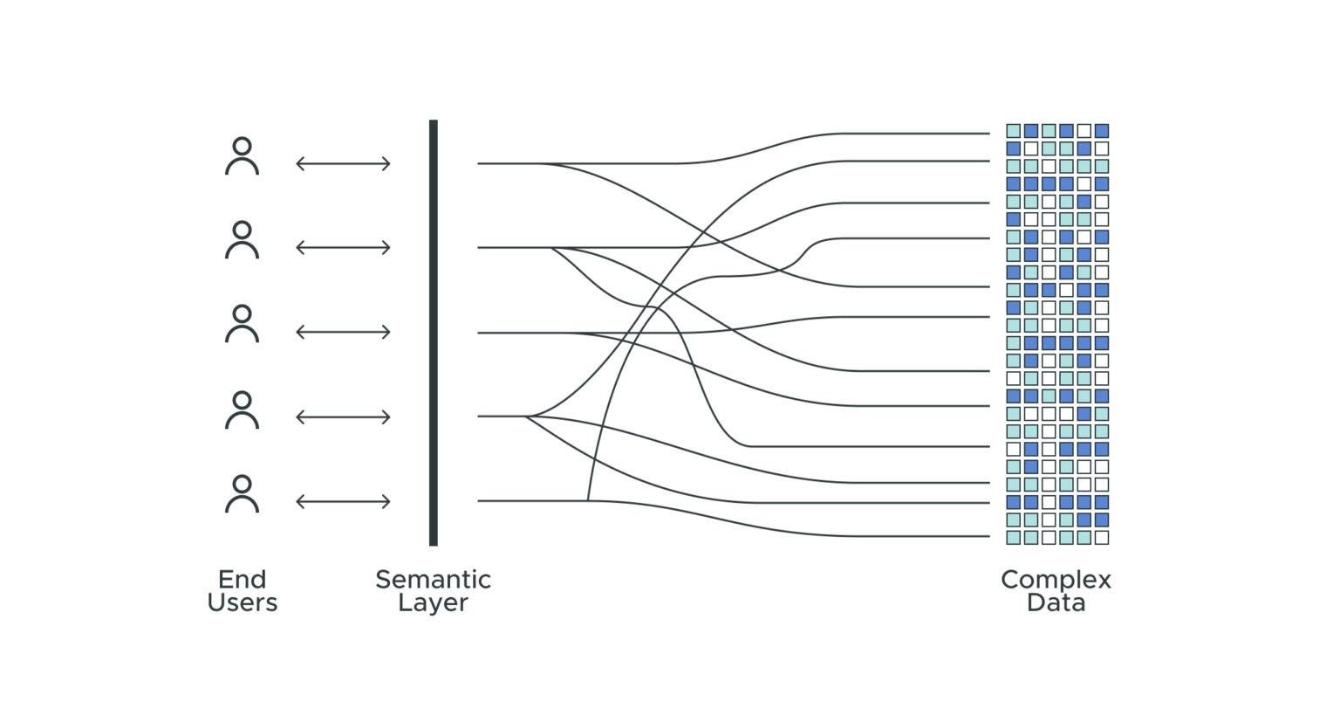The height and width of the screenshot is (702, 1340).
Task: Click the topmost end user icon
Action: (x=242, y=157)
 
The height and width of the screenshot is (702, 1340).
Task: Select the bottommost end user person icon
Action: (x=242, y=494)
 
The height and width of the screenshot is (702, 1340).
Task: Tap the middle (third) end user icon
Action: (x=242, y=325)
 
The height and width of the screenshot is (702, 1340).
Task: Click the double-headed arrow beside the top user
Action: (x=343, y=163)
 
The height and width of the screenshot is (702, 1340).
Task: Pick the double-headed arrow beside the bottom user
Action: (x=343, y=501)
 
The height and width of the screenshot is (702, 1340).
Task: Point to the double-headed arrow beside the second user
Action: (x=343, y=248)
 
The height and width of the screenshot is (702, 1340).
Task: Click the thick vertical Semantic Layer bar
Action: (x=433, y=332)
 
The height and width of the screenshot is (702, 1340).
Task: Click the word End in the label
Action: (x=242, y=579)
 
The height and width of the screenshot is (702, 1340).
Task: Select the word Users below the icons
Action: (x=242, y=602)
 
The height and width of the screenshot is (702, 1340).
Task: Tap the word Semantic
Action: (x=433, y=579)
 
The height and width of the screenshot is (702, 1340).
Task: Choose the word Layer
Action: (x=433, y=602)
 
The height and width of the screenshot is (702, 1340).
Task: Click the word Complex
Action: (x=1056, y=580)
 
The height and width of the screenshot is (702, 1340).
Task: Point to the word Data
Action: (x=1056, y=602)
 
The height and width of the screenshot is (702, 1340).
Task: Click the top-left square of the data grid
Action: (x=1013, y=131)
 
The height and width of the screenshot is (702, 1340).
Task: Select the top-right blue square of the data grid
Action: (x=1101, y=131)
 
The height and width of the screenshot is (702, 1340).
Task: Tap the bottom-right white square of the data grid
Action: (x=1101, y=537)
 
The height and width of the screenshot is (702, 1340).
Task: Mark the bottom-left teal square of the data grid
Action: (x=1013, y=537)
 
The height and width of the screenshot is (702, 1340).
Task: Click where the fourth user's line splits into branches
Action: (x=526, y=416)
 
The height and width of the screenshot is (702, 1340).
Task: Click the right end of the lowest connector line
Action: (x=988, y=536)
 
